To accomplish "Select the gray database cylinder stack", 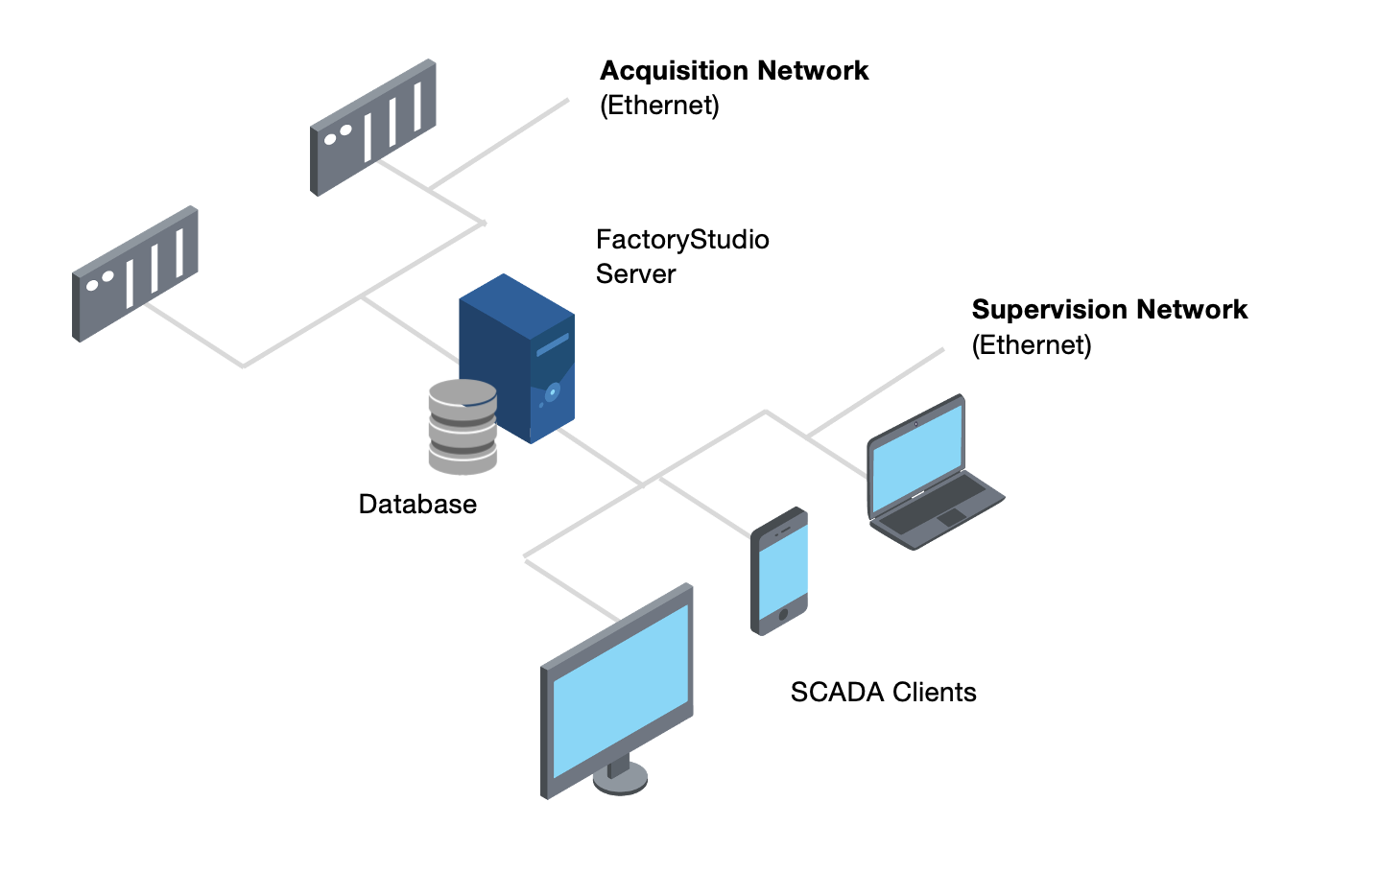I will pos(463,428).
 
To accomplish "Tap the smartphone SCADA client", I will pos(778,571).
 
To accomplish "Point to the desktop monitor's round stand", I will pos(620,777).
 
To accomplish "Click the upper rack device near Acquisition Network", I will pos(373,127).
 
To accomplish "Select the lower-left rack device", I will pos(135,273).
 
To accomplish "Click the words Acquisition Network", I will pos(734,71).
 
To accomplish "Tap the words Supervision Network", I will pos(1109,310).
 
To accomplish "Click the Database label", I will pos(417,505).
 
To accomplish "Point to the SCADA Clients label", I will pos(883,693).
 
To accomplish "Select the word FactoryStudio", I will pos(682,240).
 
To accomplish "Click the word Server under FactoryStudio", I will pos(635,274).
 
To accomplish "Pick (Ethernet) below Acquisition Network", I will pos(659,106).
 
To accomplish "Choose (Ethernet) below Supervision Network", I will pos(1032,345).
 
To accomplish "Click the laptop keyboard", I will pos(931,504).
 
